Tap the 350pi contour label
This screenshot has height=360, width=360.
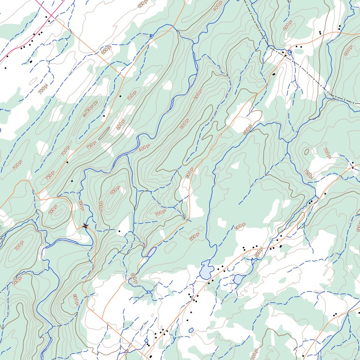click(x=81, y=205)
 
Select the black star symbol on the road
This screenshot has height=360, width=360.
click(x=85, y=226)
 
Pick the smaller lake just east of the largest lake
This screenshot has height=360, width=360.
click(x=238, y=279)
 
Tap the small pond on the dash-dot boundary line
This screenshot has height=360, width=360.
click(x=290, y=52)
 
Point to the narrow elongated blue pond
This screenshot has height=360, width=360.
click(x=151, y=253)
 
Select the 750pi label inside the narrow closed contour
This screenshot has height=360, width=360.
click(x=90, y=108)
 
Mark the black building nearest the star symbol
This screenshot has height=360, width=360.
click(x=119, y=231)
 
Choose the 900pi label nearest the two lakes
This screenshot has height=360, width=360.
click(x=240, y=227)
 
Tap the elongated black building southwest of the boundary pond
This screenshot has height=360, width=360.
click(x=274, y=74)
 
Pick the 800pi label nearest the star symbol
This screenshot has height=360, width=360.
click(x=75, y=299)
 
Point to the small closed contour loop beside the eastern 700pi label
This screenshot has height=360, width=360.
click(x=306, y=151)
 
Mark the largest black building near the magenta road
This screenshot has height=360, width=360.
click(x=31, y=61)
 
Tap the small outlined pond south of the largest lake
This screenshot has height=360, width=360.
click(x=191, y=330)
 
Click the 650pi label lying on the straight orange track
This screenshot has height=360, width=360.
click(x=106, y=50)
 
